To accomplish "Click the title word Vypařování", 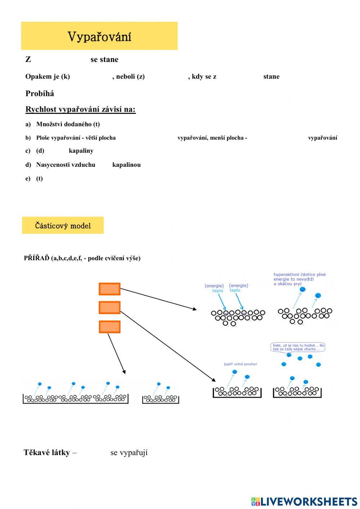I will (x=99, y=37).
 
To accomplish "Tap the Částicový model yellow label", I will (x=63, y=226).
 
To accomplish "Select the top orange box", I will (x=109, y=289).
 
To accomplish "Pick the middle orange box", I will (x=109, y=308).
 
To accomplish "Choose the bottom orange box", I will (x=109, y=327).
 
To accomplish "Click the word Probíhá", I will (x=40, y=94).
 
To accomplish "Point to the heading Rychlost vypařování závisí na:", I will (x=80, y=110).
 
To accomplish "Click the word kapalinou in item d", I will (x=126, y=165).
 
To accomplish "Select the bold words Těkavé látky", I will (x=46, y=452).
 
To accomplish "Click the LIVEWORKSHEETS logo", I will (x=304, y=501).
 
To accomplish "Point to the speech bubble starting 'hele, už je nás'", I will (x=298, y=347).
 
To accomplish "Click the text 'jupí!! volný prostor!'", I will (x=240, y=364).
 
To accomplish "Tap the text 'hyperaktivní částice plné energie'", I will (x=299, y=277).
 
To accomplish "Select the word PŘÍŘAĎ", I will (x=36, y=258).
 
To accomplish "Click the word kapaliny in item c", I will (x=81, y=151).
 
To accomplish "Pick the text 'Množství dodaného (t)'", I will (x=68, y=124).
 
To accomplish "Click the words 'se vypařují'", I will (x=129, y=452).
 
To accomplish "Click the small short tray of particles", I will (x=161, y=399).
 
